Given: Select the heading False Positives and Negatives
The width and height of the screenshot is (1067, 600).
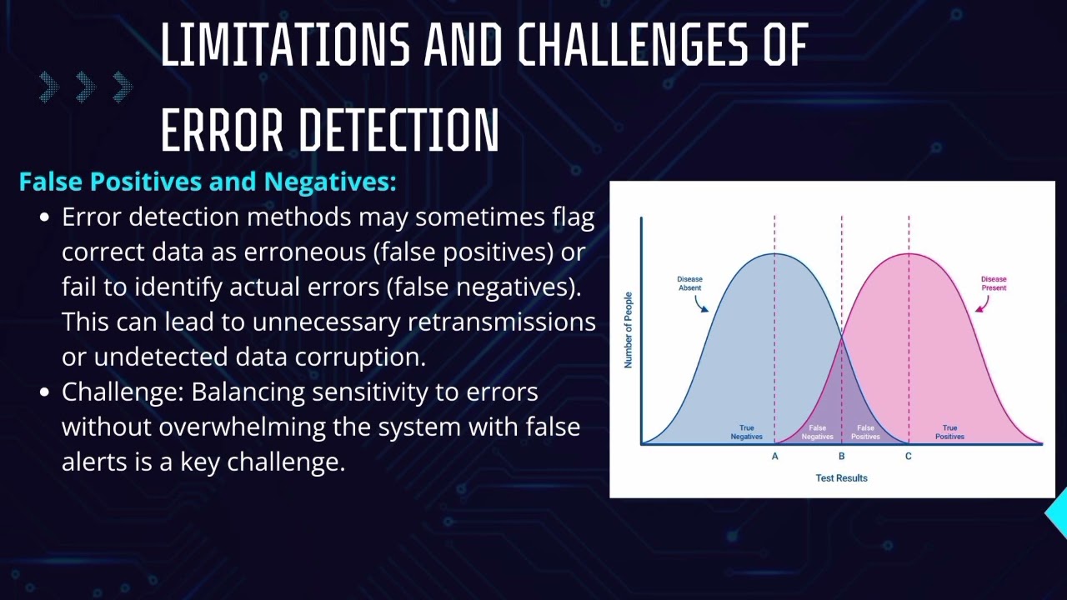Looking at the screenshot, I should click(208, 182).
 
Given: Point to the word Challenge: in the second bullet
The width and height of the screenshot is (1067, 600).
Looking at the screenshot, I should click(123, 392).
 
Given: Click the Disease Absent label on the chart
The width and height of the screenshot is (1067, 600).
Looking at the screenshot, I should click(689, 283).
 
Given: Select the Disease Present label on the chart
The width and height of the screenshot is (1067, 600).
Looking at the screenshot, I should click(994, 283).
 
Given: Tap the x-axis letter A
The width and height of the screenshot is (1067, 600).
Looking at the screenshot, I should click(774, 456).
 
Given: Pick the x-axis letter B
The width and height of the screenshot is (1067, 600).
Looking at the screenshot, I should click(841, 456).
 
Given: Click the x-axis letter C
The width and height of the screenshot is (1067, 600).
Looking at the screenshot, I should click(909, 456).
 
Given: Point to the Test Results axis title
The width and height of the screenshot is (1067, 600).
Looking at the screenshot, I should click(841, 478).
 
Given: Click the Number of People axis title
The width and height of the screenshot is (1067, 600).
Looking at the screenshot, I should click(629, 330).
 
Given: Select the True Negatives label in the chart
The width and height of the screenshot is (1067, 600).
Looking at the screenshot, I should click(746, 432).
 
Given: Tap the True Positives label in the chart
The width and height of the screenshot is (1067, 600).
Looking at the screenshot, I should click(949, 432).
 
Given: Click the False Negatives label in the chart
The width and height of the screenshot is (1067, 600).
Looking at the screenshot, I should click(817, 432).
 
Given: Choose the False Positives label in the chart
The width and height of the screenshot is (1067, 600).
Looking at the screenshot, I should click(865, 432).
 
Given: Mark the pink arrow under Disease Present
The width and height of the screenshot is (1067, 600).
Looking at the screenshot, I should click(982, 305).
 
